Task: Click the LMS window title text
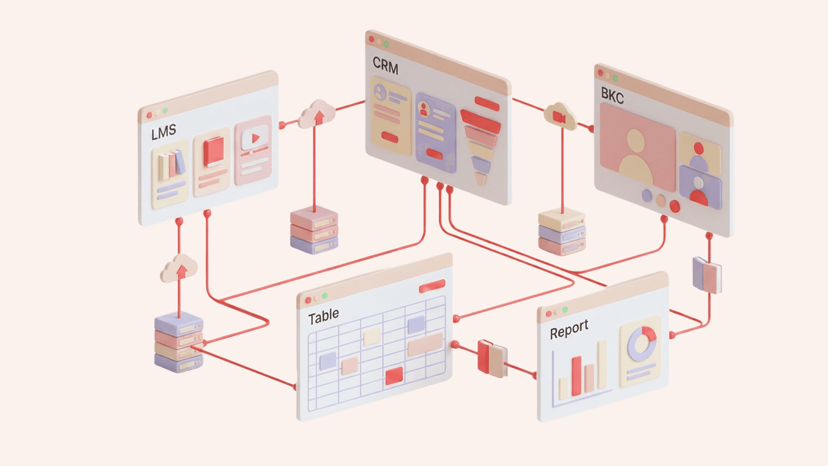tap(163, 132)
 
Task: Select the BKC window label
tap(612, 96)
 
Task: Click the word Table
tap(323, 316)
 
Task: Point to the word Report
tap(569, 329)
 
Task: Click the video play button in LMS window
tap(255, 139)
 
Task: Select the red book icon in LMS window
tap(213, 151)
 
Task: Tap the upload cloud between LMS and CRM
tap(318, 113)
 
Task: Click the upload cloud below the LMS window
tap(179, 268)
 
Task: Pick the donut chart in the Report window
tap(642, 343)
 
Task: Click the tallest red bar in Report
tap(577, 375)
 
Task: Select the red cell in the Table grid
tap(394, 376)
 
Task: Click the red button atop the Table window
tap(432, 286)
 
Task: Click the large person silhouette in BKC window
tap(636, 157)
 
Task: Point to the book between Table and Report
tap(492, 358)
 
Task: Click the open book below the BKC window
tap(707, 275)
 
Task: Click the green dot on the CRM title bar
tap(386, 44)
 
